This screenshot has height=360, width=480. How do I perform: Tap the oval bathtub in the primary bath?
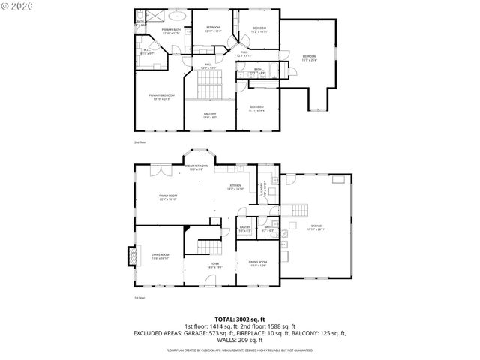tap(177, 15)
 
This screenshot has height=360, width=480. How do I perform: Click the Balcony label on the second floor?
tap(210, 115)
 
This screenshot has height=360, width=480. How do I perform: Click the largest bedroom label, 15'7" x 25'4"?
tap(309, 58)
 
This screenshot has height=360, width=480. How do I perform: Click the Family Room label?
tap(166, 197)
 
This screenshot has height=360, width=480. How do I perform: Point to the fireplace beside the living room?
tap(132, 256)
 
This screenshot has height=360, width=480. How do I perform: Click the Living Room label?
tap(160, 256)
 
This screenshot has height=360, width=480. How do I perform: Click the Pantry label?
tap(244, 228)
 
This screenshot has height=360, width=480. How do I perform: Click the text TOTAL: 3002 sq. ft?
tap(239, 319)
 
